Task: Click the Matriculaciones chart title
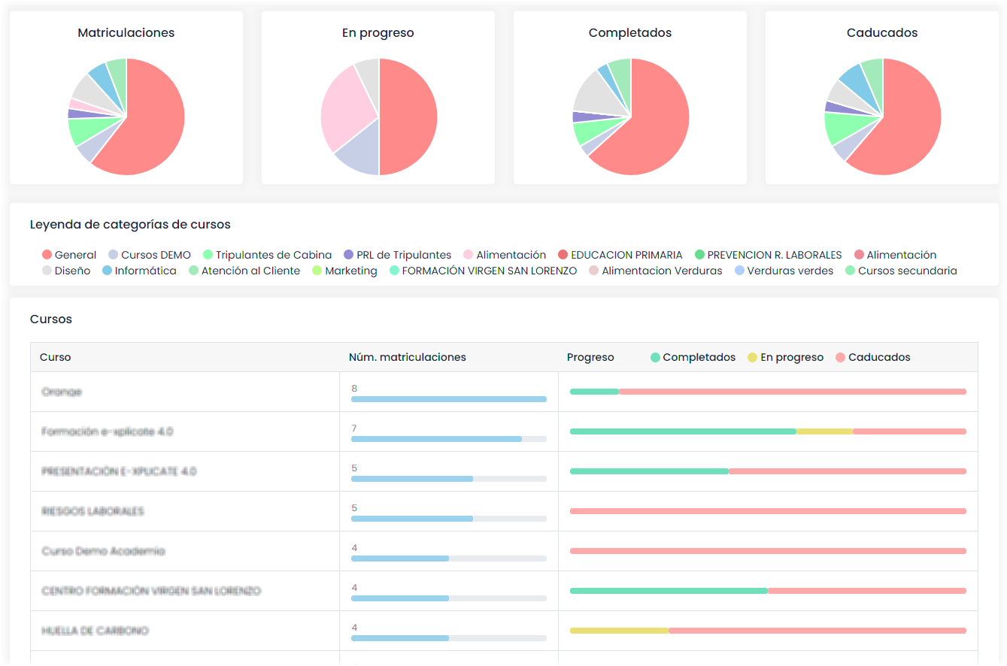coord(126,33)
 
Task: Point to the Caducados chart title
coord(882,33)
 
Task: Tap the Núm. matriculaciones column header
coord(408,357)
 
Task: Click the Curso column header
coord(56,357)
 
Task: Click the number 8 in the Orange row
coord(354,389)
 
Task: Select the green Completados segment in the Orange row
coord(594,392)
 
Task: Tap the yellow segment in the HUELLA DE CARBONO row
coord(619,631)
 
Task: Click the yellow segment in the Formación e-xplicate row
coord(824,431)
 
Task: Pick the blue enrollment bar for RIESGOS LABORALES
coord(411,519)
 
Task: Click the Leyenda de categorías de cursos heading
coord(130,224)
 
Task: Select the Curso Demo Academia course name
coord(103,551)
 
